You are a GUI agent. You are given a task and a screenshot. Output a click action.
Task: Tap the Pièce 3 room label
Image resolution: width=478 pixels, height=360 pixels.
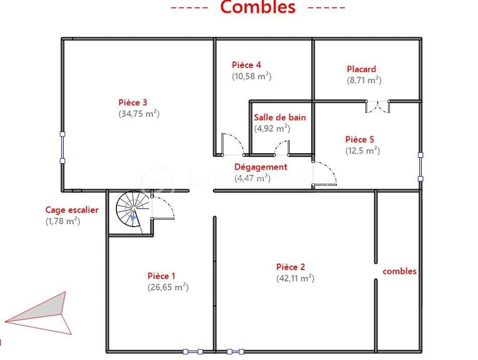pyautogui.click(x=133, y=102)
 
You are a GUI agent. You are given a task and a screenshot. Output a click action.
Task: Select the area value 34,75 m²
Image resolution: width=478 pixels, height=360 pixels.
pyautogui.click(x=138, y=114)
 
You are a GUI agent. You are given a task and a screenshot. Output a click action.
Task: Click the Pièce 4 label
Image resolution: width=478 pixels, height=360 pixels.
pyautogui.click(x=246, y=65)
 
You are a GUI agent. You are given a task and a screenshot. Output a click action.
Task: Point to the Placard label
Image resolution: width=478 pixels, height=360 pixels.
pyautogui.click(x=361, y=69)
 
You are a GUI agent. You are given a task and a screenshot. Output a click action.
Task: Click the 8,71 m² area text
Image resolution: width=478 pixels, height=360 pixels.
pyautogui.click(x=364, y=80)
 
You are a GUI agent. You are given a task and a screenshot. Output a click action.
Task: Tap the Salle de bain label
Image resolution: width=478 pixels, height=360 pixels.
pyautogui.click(x=280, y=117)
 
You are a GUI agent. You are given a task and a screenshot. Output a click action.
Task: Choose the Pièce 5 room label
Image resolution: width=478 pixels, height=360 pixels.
pyautogui.click(x=360, y=139)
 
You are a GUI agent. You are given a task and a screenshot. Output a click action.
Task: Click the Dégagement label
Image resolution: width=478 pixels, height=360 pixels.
pyautogui.click(x=261, y=167)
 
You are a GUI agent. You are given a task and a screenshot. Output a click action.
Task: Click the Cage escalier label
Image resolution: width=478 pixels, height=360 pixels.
pyautogui.click(x=72, y=209)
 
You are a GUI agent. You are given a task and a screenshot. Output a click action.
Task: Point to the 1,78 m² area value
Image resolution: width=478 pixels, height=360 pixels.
pyautogui.click(x=62, y=221)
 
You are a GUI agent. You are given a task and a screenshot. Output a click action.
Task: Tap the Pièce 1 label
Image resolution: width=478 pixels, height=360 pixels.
pyautogui.click(x=162, y=276)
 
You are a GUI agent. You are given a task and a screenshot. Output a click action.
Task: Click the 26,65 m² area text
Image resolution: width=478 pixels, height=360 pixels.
pyautogui.click(x=168, y=287)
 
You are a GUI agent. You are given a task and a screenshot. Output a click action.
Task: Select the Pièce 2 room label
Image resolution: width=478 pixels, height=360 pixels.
pyautogui.click(x=291, y=267)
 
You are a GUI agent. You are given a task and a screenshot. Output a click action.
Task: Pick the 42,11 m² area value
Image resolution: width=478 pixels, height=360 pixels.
pyautogui.click(x=295, y=279)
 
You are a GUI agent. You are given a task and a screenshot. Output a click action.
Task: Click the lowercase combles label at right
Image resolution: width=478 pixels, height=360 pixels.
pyautogui.click(x=400, y=271)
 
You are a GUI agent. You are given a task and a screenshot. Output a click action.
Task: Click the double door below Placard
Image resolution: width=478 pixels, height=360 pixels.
pyautogui.click(x=378, y=106)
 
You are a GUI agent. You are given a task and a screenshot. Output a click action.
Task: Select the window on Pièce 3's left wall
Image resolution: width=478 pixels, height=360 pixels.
pyautogui.click(x=62, y=147)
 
